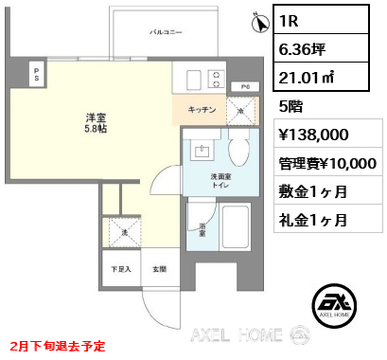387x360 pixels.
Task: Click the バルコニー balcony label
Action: tap(166, 32)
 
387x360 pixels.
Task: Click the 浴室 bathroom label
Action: tap(202, 228)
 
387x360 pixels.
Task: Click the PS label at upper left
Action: tap(36, 73)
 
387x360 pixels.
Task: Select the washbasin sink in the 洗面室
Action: tap(202, 150)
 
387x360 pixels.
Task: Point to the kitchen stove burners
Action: tap(217, 79)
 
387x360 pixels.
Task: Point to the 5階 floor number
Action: tap(290, 107)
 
